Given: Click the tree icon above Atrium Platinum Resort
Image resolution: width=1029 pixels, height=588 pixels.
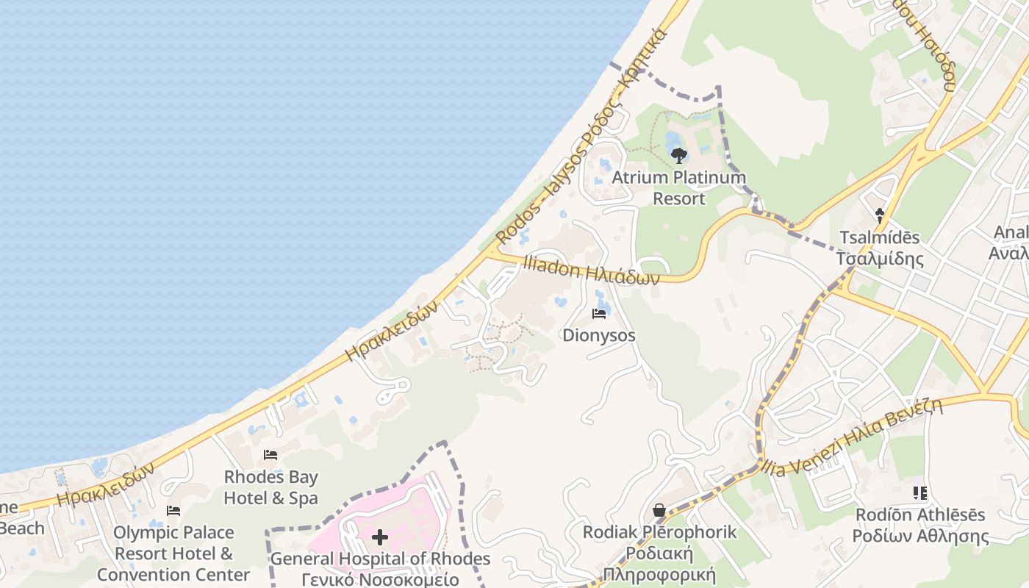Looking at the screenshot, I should point(679,155).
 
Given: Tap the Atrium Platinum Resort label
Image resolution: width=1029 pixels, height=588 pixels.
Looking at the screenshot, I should point(679,188).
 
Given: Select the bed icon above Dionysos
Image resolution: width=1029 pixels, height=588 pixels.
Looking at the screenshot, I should point(599,314).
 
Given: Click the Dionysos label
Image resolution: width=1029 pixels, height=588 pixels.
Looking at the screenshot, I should point(599,336).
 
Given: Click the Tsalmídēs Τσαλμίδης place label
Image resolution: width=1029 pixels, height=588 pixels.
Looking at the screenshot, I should point(880,248).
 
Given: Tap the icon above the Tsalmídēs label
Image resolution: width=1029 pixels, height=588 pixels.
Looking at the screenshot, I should point(880,215).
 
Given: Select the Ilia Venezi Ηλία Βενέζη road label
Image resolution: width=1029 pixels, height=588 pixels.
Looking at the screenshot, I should point(853,435).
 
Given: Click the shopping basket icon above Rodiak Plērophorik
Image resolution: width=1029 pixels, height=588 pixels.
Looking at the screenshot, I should point(659,510).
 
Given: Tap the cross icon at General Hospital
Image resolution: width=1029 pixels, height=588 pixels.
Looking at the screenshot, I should point(380,537).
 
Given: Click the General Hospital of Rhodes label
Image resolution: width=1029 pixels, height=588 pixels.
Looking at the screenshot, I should point(380,569).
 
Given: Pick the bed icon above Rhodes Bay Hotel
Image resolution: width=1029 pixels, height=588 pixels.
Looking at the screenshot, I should point(270,455).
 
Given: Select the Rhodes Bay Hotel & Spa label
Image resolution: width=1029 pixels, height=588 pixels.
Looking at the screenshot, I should point(270,487).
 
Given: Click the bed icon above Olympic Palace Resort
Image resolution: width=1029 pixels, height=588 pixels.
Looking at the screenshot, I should point(173,510).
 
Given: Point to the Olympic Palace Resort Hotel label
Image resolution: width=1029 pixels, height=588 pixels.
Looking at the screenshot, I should point(173,553).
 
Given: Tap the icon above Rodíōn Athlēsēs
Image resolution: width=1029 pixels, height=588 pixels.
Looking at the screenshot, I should point(920,492).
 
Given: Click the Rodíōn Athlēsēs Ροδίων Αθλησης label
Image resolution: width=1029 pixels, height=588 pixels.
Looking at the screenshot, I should point(920,525).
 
